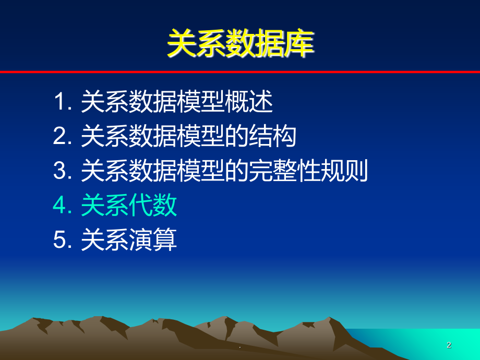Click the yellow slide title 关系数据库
tap(241, 43)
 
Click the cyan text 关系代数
tap(129, 205)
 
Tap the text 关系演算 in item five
tap(129, 239)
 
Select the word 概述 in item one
tap(248, 101)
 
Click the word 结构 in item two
tap(272, 136)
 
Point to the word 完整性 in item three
tap(284, 170)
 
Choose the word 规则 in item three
tap(344, 170)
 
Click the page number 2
tap(449, 345)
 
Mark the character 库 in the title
tap(299, 43)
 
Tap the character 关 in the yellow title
tap(182, 43)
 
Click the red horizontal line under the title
tap(240, 72)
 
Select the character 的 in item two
tap(237, 136)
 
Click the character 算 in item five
tap(165, 239)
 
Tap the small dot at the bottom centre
tap(239, 347)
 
